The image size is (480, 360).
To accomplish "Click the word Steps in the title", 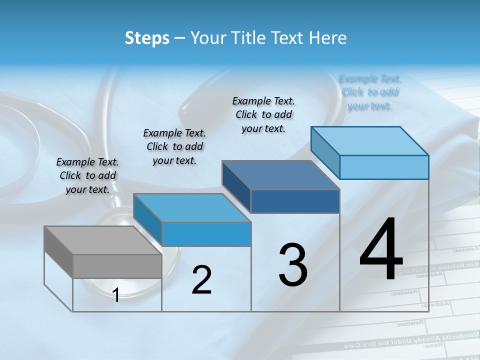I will click(147, 38).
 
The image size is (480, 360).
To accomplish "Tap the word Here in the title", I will click(327, 38).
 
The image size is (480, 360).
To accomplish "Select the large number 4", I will click(381, 250).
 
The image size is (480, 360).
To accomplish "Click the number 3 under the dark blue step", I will click(293, 265).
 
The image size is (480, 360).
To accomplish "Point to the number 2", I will click(201, 280).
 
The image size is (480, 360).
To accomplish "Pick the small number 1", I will click(116, 295).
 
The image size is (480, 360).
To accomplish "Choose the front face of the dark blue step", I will click(295, 201).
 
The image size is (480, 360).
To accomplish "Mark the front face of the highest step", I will click(384, 167).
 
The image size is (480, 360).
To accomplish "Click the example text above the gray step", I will click(87, 175).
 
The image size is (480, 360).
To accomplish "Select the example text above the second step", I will click(174, 146).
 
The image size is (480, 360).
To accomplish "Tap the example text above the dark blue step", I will click(263, 114).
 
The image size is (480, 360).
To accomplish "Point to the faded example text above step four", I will click(369, 92).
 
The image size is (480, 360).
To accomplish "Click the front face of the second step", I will click(206, 234).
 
